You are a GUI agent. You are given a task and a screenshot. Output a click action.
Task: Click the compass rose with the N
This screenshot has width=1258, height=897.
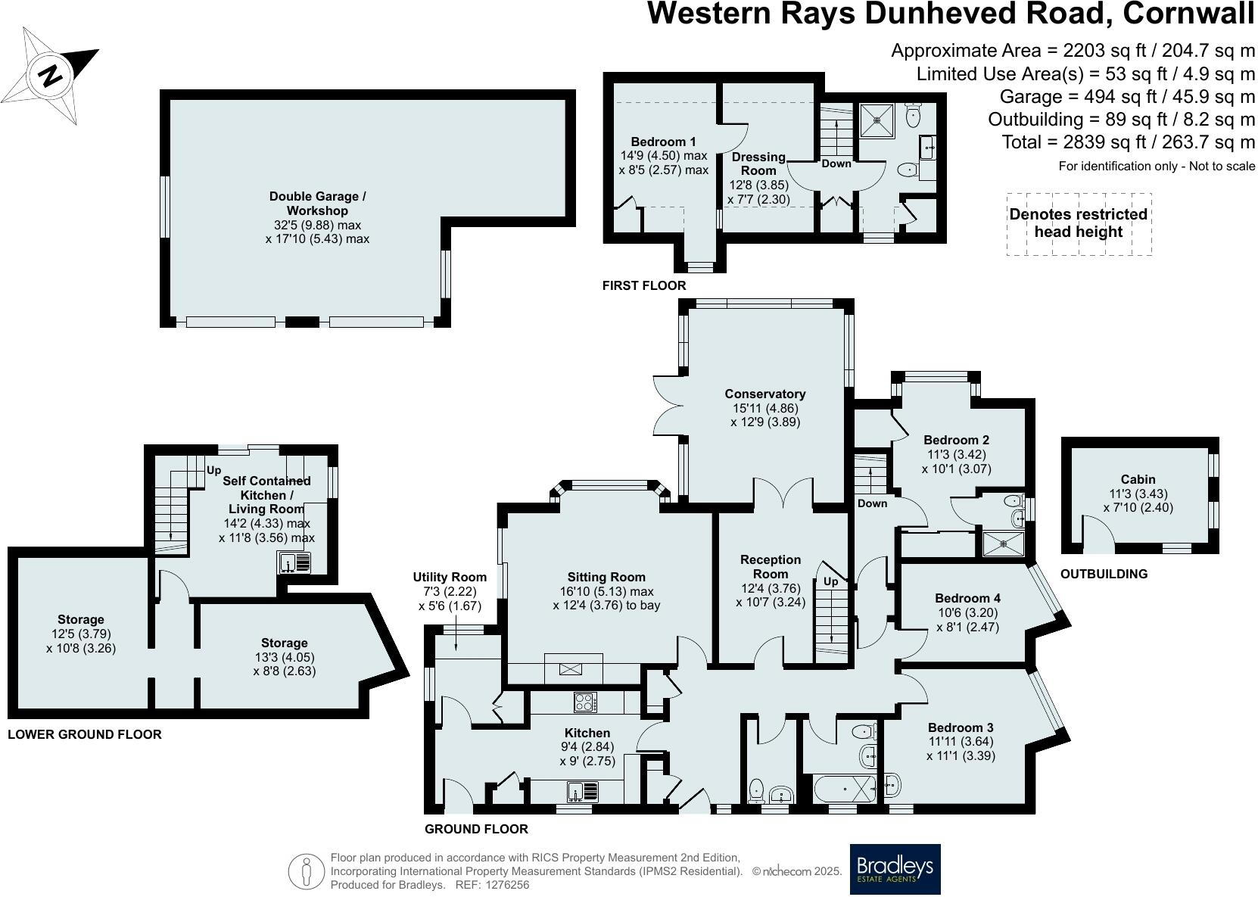pyautogui.click(x=51, y=76)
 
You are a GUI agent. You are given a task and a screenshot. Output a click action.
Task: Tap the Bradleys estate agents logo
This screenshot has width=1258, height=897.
pyautogui.click(x=895, y=869)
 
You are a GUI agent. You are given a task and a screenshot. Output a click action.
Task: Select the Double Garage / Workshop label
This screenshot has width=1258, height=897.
pyautogui.click(x=317, y=203)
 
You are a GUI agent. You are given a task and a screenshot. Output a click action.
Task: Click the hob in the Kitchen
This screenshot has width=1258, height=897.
pyautogui.click(x=584, y=702)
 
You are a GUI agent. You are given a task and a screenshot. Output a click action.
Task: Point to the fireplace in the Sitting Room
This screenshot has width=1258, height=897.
pyautogui.click(x=573, y=669)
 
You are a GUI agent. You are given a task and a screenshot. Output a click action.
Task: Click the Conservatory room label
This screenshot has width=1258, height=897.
pyautogui.click(x=764, y=394)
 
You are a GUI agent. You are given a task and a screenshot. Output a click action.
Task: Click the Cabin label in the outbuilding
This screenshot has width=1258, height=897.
pyautogui.click(x=1138, y=479)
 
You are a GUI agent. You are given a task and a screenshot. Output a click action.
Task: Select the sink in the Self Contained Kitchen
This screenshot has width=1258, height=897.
pyautogui.click(x=294, y=562)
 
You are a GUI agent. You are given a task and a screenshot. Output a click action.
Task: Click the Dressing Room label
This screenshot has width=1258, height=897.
pyautogui.click(x=758, y=164)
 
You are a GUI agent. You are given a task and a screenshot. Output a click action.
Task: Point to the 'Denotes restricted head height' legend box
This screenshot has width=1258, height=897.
pyautogui.click(x=1078, y=223)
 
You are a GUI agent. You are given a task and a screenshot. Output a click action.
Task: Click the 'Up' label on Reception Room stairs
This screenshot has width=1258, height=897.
pyautogui.click(x=830, y=581)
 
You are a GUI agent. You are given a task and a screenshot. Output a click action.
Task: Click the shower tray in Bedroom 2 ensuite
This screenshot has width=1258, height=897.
pyautogui.click(x=1002, y=543)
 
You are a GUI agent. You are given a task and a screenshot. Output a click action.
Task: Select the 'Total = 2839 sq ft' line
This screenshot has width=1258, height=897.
pyautogui.click(x=1128, y=142)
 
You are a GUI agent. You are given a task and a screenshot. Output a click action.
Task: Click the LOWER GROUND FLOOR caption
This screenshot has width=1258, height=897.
pyautogui.click(x=84, y=734)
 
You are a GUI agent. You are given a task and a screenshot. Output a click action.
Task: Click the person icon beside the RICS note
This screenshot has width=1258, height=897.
pyautogui.click(x=306, y=871)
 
